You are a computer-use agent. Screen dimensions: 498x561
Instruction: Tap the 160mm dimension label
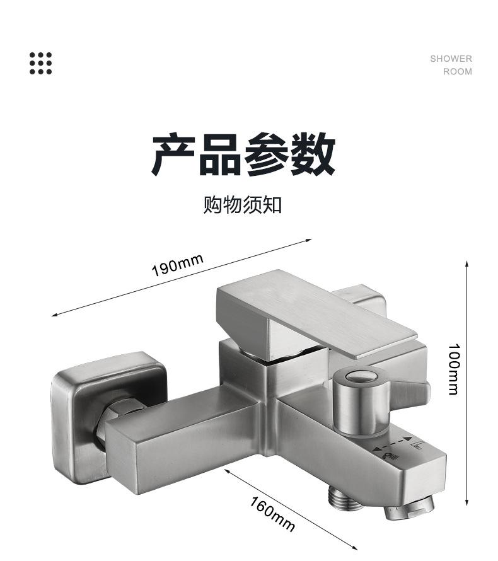(272, 512)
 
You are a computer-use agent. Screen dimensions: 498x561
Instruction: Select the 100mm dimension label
(453, 369)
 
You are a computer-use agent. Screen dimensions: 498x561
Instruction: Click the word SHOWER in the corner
(451, 59)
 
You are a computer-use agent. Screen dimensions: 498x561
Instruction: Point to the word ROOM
(457, 71)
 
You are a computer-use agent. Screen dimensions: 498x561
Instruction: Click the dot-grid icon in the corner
(41, 63)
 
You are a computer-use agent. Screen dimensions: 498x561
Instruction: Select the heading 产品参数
(243, 154)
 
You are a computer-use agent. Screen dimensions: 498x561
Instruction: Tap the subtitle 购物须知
(242, 205)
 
